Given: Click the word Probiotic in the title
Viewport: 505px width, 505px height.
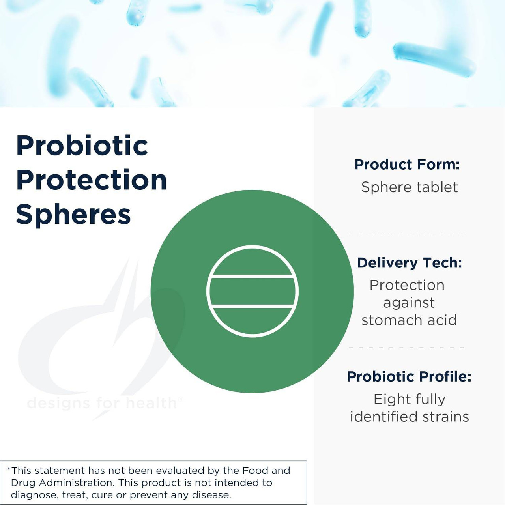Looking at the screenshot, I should (x=82, y=146).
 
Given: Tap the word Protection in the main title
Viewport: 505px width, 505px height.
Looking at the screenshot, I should (x=91, y=180).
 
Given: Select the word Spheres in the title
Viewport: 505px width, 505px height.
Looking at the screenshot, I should (x=73, y=215).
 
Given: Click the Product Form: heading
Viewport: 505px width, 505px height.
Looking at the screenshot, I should (x=407, y=165).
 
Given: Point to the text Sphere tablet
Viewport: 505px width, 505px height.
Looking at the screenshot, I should (x=409, y=187).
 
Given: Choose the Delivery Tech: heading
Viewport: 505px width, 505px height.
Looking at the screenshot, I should (x=409, y=263).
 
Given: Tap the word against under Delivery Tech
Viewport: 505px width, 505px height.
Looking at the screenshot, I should (x=409, y=303).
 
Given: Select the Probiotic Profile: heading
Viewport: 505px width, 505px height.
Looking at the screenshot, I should (x=409, y=376).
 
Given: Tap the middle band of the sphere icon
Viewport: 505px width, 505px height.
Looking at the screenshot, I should (x=252, y=291).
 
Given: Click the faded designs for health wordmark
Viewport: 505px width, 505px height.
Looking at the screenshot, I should (x=102, y=403).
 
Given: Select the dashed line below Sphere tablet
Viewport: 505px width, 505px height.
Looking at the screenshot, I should (x=406, y=234).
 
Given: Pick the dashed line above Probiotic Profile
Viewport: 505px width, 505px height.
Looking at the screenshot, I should (x=406, y=348).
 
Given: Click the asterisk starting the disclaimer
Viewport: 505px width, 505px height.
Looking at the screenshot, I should (x=9, y=469).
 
